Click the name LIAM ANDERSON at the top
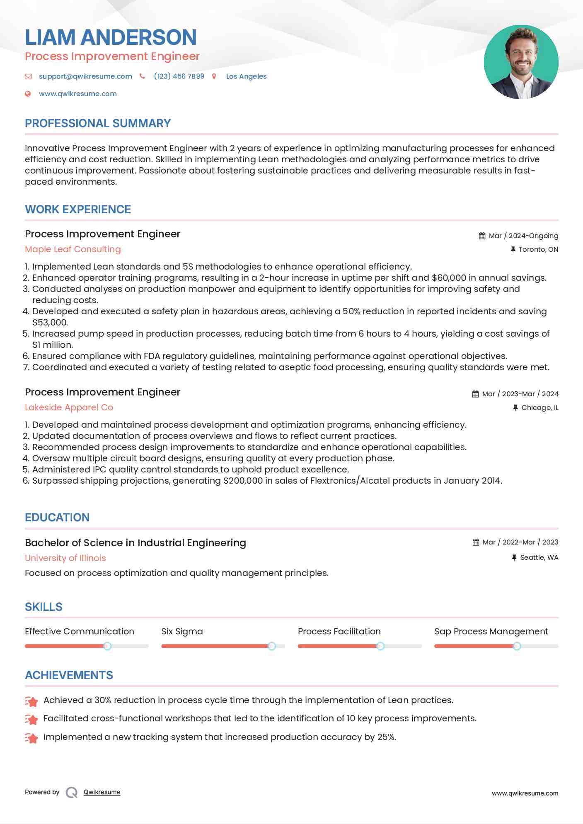click(x=111, y=37)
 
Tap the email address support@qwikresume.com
click(x=85, y=76)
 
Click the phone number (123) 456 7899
click(x=179, y=76)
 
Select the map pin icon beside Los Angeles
click(x=214, y=76)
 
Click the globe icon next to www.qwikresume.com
click(x=28, y=94)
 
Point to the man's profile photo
click(x=521, y=62)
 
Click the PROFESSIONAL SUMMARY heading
click(x=98, y=123)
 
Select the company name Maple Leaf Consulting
click(x=73, y=249)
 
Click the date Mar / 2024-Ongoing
click(x=523, y=236)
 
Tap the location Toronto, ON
click(x=538, y=250)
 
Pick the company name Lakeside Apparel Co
click(x=69, y=407)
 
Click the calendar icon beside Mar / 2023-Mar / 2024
click(x=476, y=394)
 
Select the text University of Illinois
click(x=65, y=558)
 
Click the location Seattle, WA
click(x=539, y=558)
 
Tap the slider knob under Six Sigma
click(x=272, y=646)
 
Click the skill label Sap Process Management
click(x=491, y=631)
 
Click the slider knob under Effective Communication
click(x=107, y=646)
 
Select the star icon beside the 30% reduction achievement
click(x=31, y=701)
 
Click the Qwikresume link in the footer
click(x=102, y=792)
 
